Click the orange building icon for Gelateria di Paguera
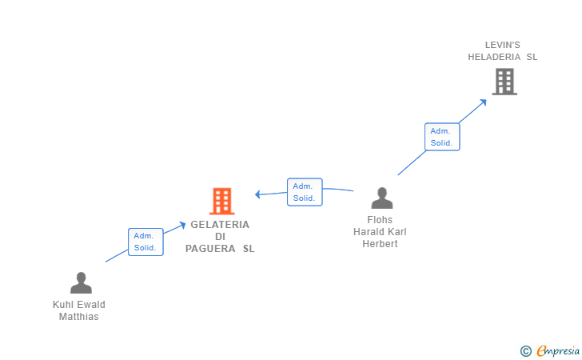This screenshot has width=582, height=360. click(x=221, y=201)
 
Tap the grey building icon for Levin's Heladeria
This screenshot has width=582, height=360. click(x=504, y=82)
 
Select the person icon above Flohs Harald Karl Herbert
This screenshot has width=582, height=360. click(x=382, y=198)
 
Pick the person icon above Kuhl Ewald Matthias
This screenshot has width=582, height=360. click(x=81, y=283)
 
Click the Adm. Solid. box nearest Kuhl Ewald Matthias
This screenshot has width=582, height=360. click(x=145, y=242)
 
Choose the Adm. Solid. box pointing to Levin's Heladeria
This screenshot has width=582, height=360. click(x=441, y=137)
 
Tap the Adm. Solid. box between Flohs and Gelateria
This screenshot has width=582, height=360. click(x=305, y=192)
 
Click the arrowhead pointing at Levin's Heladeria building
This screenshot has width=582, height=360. click(x=483, y=102)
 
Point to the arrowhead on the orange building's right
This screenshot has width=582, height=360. click(x=258, y=194)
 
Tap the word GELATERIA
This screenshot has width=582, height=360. click(x=220, y=225)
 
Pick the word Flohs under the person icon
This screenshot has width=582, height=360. click(x=381, y=220)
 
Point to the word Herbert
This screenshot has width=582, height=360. click(x=381, y=244)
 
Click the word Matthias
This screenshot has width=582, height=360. click(x=79, y=317)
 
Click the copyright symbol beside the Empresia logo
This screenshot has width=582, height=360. click(x=525, y=350)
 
